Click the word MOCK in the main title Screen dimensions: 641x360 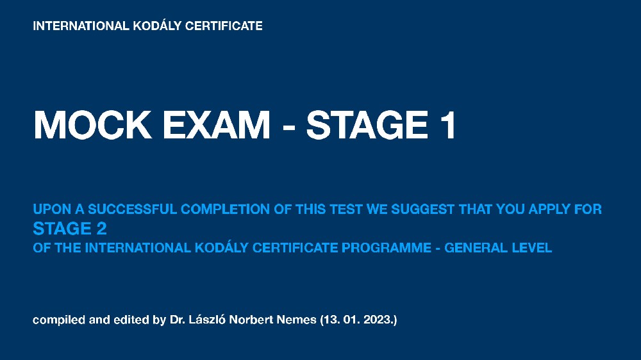[93, 125]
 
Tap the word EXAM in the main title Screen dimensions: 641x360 [216, 125]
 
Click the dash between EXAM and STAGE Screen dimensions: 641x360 [288, 127]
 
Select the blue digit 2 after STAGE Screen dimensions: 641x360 [101, 229]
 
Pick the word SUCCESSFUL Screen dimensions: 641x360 [132, 209]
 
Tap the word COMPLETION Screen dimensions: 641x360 [225, 209]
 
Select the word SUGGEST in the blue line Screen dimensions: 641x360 [422, 209]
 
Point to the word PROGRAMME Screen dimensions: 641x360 [387, 248]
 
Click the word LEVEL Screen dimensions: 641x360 [526, 248]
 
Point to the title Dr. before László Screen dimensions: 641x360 [178, 320]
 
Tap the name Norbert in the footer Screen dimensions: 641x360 [252, 320]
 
